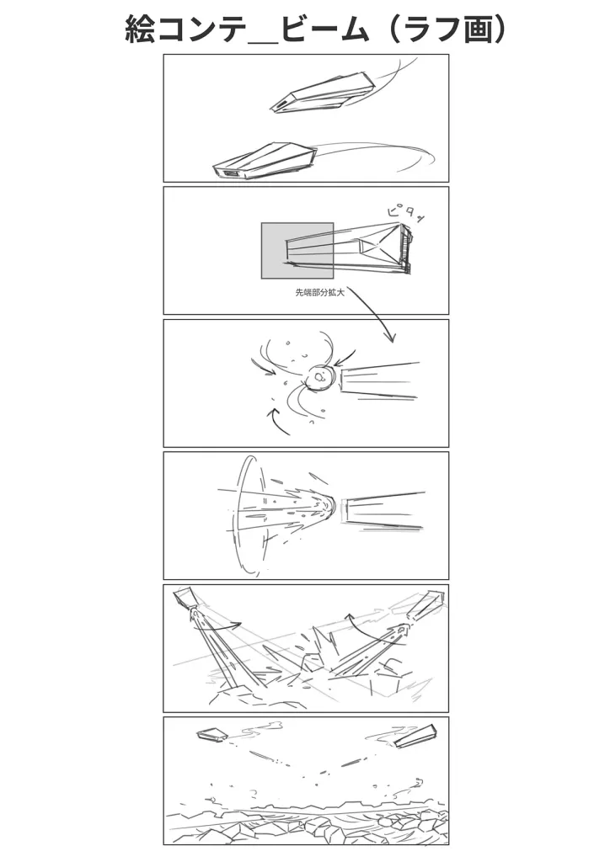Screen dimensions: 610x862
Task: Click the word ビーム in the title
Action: tap(324, 29)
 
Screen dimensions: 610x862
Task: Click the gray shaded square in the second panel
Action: tap(297, 251)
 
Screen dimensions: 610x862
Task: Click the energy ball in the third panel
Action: tap(320, 378)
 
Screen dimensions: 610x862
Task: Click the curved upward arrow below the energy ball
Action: tap(278, 421)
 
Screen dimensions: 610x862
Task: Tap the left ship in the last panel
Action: tap(211, 735)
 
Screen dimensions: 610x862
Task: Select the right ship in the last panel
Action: tap(416, 737)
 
